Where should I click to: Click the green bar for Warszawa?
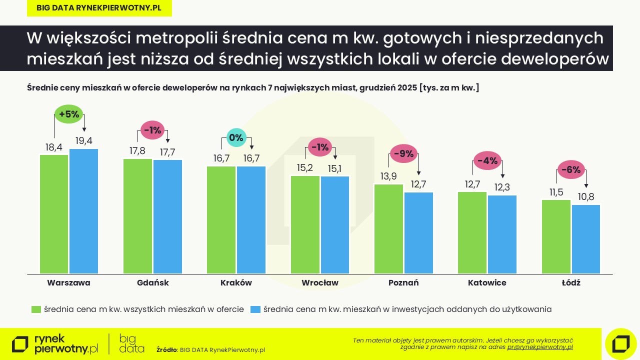click(54, 214)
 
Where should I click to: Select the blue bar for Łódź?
click(585, 239)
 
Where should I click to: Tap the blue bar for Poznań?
click(418, 233)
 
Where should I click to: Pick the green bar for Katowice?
click(472, 232)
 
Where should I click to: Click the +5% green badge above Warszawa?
click(69, 114)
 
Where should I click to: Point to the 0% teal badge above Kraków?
click(236, 137)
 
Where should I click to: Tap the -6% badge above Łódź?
click(570, 170)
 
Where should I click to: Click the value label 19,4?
click(83, 141)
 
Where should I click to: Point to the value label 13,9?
click(388, 176)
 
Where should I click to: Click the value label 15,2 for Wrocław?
click(304, 168)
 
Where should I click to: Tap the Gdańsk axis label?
click(152, 282)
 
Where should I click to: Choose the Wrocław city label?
click(319, 282)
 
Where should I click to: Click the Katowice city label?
click(487, 282)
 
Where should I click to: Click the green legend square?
click(35, 309)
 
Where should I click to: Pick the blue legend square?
click(255, 309)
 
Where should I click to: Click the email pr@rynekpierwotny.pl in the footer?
click(540, 346)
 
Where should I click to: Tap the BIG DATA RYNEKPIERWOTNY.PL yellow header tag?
click(99, 8)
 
